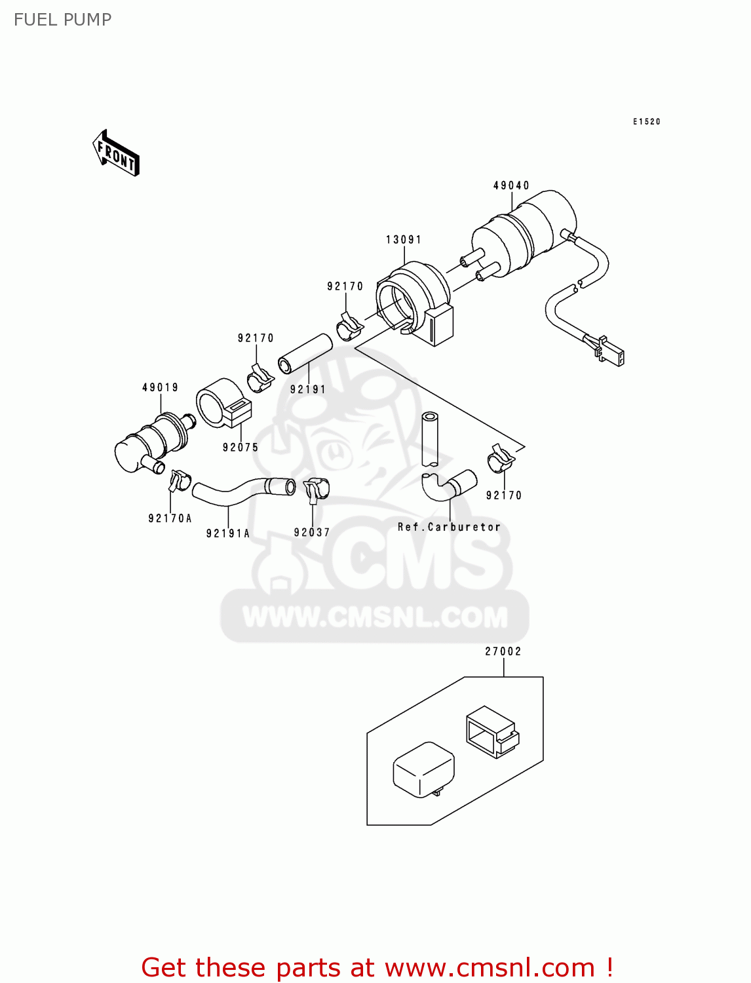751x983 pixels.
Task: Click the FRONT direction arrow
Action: tap(116, 153)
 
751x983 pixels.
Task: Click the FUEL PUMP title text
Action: tap(62, 20)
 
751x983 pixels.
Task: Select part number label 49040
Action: tap(511, 185)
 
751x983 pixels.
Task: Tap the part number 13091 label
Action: tap(404, 240)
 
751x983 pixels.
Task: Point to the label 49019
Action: tap(161, 387)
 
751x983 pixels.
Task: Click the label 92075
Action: tap(241, 448)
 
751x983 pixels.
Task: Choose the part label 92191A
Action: tap(228, 533)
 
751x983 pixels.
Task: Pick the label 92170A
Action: tap(170, 518)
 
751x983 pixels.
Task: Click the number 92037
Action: tap(312, 532)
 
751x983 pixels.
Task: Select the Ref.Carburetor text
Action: tap(449, 527)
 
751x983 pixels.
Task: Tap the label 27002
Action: tap(503, 651)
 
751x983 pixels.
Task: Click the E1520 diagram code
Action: tap(647, 122)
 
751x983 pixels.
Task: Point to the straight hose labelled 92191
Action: tap(305, 353)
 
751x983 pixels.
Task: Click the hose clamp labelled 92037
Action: tap(316, 489)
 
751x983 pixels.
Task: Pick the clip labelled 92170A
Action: tap(178, 481)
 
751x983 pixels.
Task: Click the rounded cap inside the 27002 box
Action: tap(423, 769)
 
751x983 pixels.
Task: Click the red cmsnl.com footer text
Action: tap(377, 967)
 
